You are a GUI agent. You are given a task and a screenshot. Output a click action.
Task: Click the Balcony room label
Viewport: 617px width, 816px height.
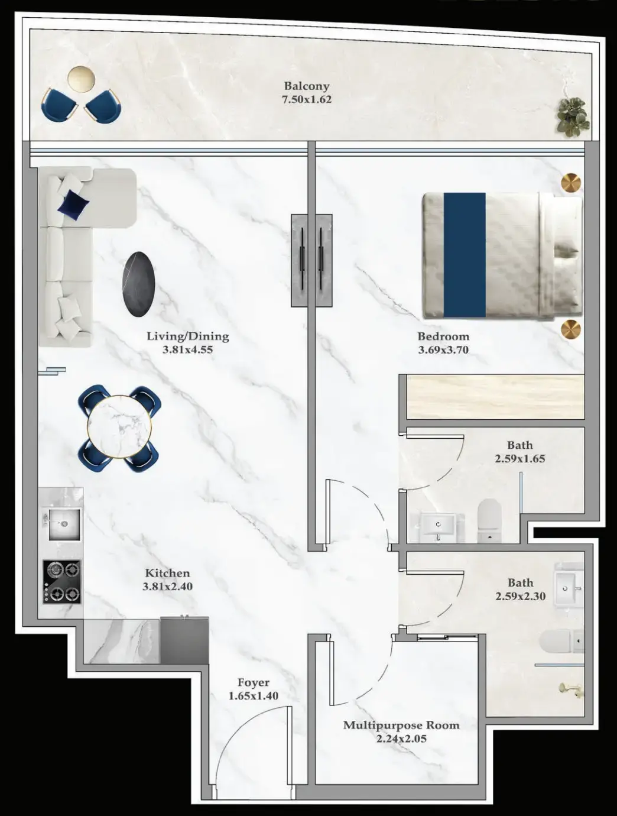pyautogui.click(x=306, y=86)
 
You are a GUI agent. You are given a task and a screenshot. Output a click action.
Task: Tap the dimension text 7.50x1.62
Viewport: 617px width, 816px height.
pyautogui.click(x=306, y=99)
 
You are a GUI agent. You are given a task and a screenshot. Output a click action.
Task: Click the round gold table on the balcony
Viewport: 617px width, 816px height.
pyautogui.click(x=82, y=79)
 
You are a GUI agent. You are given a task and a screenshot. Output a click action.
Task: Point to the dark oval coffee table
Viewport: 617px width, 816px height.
pyautogui.click(x=139, y=283)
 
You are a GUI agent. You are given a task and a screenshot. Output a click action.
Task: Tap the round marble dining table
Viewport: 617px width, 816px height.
pyautogui.click(x=119, y=426)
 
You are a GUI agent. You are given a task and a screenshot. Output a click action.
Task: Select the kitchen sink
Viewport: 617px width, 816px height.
pyautogui.click(x=61, y=523)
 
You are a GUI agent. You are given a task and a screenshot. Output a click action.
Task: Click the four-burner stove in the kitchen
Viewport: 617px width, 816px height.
pyautogui.click(x=61, y=581)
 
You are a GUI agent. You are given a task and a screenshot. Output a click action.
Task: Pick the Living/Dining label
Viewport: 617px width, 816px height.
pyautogui.click(x=187, y=336)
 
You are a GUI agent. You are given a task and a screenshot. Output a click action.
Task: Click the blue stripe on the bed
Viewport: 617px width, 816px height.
pyautogui.click(x=465, y=255)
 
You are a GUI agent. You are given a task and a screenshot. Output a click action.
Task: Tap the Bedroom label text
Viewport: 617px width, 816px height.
pyautogui.click(x=443, y=336)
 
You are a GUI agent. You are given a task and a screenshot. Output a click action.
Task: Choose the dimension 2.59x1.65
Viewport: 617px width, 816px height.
pyautogui.click(x=520, y=458)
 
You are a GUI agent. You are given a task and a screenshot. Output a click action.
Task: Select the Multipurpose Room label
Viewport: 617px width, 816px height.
pyautogui.click(x=401, y=725)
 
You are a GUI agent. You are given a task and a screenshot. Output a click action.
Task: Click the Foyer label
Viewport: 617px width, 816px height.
pyautogui.click(x=254, y=683)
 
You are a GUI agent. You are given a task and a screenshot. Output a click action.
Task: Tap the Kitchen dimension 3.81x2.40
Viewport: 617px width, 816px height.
pyautogui.click(x=167, y=587)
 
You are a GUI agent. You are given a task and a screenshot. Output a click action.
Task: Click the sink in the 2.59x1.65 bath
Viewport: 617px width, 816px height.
pyautogui.click(x=439, y=525)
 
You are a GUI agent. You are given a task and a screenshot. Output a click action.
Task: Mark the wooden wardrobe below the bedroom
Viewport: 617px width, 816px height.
pyautogui.click(x=495, y=397)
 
